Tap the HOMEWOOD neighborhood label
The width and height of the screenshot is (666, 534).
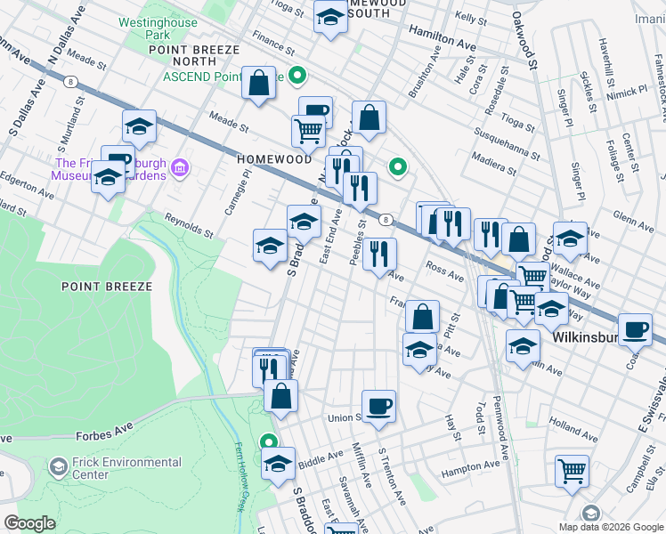[274, 158]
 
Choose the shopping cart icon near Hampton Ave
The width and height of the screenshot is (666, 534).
[572, 471]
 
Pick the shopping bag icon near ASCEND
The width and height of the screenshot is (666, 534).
[258, 85]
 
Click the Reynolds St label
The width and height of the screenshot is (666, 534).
[188, 226]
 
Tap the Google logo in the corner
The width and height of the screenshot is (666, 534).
[29, 523]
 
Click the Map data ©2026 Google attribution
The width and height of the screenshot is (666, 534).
[611, 527]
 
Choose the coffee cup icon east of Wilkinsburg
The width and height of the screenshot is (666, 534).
[635, 329]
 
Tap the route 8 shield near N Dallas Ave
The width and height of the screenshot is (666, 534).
[69, 80]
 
